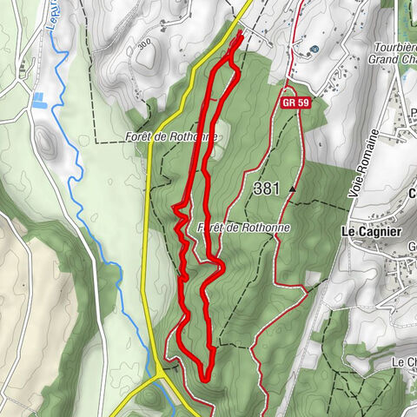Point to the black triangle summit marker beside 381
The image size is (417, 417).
[294, 187]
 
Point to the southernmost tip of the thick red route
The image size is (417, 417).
[205, 377]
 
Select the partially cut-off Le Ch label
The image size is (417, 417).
[404, 361]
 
